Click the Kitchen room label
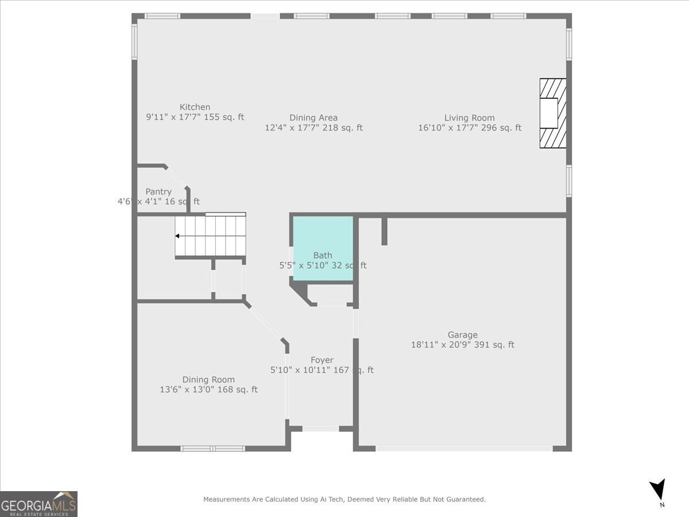(195, 107)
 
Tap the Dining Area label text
(313, 118)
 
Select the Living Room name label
(469, 118)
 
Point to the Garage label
(462, 335)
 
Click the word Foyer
(322, 360)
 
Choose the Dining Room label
(208, 380)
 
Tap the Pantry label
(158, 192)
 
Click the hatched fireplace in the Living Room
(552, 113)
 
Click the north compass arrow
(658, 489)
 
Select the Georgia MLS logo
(38, 504)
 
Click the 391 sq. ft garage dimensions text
(462, 345)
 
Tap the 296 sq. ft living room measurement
(469, 128)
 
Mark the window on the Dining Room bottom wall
(212, 448)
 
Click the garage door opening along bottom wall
(464, 448)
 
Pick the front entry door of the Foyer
(320, 429)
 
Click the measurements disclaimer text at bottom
(344, 500)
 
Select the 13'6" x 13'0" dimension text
(208, 390)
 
